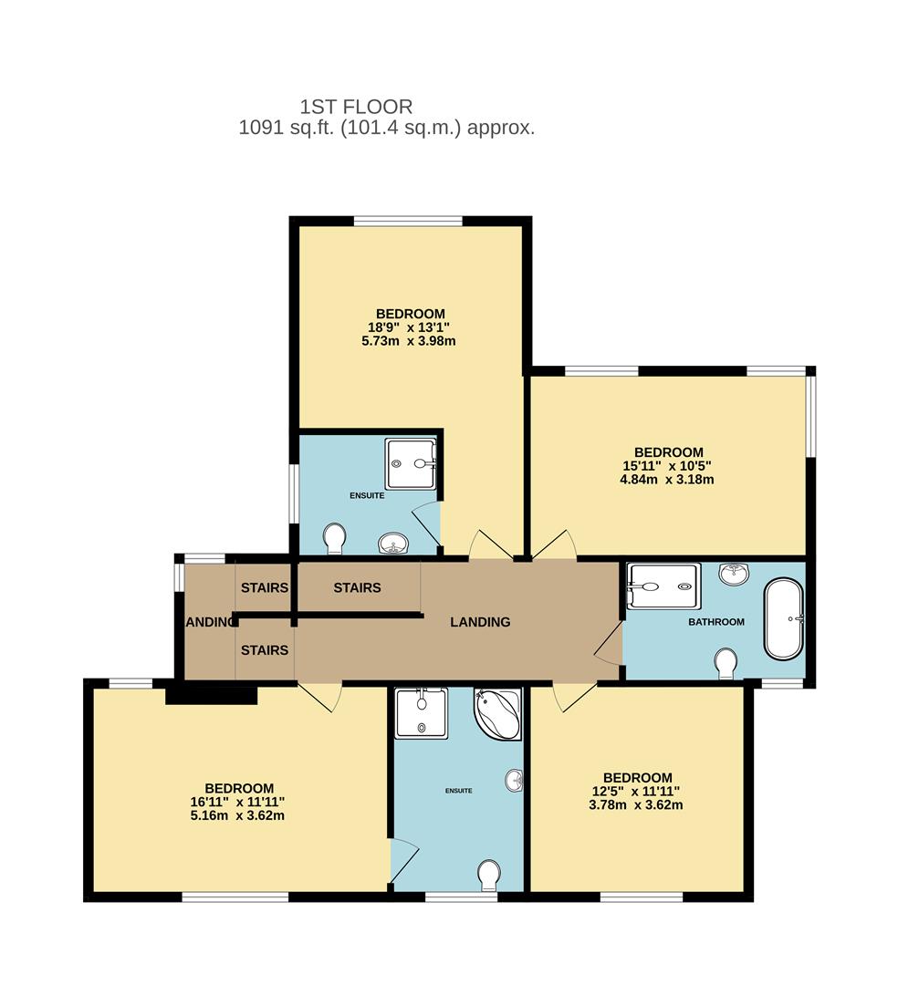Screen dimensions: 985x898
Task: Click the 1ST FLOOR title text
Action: [356, 107]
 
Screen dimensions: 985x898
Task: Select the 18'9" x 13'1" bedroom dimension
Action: [409, 327]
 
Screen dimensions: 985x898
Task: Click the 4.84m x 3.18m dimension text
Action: [669, 479]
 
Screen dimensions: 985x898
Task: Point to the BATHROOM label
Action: [716, 622]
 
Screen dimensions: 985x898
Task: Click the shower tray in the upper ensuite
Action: [411, 463]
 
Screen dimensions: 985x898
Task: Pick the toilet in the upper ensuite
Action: [335, 538]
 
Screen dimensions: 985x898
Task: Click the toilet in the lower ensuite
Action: [490, 876]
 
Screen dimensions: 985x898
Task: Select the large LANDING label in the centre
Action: [480, 622]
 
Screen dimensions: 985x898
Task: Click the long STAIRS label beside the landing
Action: [357, 587]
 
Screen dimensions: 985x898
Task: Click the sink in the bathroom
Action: [735, 574]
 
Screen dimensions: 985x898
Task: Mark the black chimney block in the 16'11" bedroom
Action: [212, 695]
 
